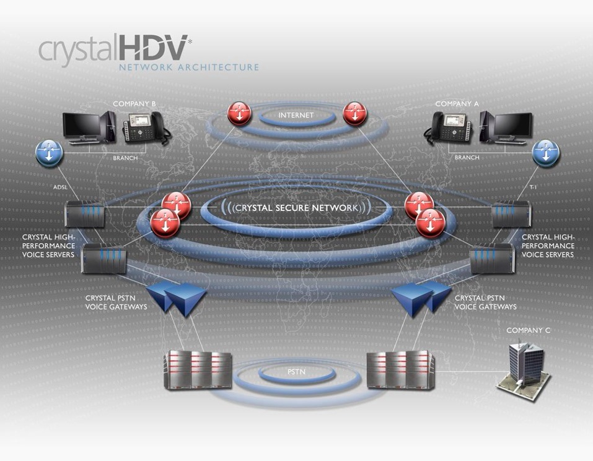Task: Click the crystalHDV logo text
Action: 115,49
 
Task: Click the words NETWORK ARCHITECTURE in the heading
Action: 188,67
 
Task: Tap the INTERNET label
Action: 296,115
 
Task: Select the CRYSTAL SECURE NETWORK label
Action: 296,207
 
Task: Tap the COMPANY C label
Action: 528,330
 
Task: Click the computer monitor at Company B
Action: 82,126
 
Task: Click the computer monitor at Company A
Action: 512,126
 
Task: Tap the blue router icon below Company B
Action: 49,153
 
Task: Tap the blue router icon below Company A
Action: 545,153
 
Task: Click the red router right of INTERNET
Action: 354,114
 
